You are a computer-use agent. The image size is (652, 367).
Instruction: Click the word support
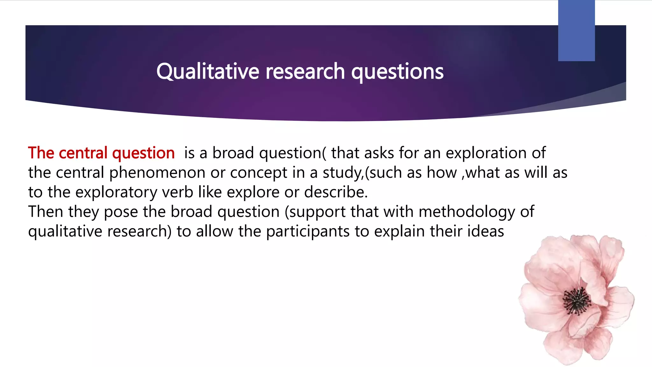click(x=315, y=212)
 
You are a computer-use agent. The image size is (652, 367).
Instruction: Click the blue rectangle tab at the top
click(x=576, y=30)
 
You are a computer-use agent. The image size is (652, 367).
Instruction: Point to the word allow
click(x=215, y=231)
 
